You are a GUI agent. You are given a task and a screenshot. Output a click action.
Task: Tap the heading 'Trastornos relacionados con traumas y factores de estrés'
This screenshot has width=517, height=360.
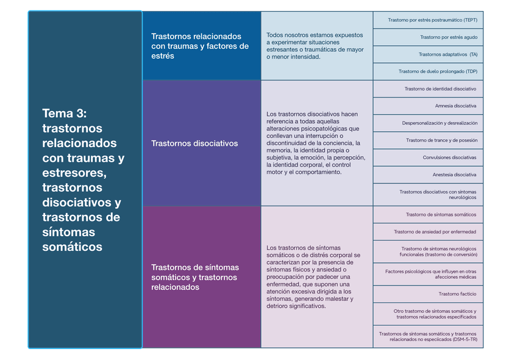coord(200,46)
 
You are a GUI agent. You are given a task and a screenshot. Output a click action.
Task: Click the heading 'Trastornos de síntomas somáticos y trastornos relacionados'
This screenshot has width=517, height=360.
coord(194,277)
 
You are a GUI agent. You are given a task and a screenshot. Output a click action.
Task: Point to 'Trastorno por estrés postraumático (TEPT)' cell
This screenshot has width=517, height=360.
coord(432,20)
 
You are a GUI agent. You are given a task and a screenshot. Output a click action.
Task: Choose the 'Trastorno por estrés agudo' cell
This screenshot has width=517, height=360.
coord(449,37)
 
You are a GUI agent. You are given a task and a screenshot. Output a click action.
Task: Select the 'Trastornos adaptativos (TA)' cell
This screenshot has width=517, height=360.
coord(448,54)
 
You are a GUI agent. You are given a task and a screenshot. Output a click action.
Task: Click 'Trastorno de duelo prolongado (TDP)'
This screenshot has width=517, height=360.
coord(438,71)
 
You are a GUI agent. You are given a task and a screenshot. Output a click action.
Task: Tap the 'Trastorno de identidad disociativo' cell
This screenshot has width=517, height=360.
coord(440,88)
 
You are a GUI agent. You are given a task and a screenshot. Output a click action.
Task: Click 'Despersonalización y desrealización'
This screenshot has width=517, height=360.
coord(440,123)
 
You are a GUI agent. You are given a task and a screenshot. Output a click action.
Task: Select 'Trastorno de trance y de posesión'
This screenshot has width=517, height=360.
coord(441,140)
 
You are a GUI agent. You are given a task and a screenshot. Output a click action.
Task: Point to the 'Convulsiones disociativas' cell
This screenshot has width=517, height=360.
coord(449,157)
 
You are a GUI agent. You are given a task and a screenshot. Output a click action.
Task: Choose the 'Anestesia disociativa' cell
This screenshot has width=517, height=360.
coord(454,174)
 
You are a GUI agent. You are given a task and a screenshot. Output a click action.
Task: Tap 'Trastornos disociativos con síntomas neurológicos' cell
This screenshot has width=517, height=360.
coord(438,195)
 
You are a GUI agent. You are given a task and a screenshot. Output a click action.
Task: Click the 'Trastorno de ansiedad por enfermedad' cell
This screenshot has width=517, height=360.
coord(435,232)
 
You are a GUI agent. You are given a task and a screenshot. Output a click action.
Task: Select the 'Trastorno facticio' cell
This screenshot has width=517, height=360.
coord(457,294)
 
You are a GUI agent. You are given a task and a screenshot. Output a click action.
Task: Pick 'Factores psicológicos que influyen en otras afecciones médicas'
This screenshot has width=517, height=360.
coord(431,274)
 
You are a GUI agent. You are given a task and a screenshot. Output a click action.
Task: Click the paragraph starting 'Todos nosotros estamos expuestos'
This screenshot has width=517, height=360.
coord(315,46)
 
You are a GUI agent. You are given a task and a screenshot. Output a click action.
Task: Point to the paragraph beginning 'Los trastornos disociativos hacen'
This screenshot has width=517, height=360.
coord(316,143)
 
